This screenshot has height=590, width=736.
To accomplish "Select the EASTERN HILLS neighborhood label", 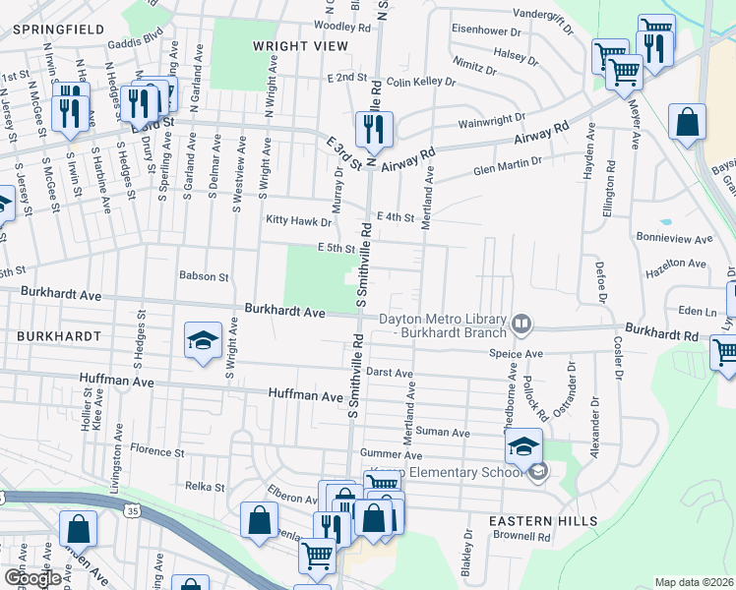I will point(544,520).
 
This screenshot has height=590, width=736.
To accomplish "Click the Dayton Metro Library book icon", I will point(521,322).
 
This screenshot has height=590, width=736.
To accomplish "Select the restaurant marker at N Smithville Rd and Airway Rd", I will point(374,128).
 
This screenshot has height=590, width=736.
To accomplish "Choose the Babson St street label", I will point(204,277).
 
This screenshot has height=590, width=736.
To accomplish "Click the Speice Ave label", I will point(518,354).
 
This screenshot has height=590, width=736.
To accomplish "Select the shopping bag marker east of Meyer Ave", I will point(688,123).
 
